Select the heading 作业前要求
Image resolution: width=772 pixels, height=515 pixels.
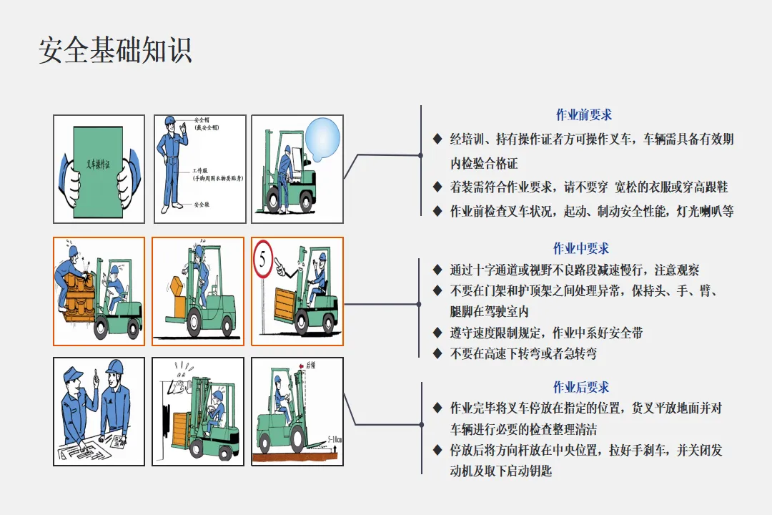tap(583, 114)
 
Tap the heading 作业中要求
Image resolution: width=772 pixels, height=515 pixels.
tap(580, 248)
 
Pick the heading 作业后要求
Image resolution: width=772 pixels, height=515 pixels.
tap(580, 387)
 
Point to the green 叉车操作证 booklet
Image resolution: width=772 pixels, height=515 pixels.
tap(99, 169)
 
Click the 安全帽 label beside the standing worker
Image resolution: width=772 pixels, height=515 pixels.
tap(202, 120)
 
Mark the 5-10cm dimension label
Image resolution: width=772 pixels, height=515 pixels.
tap(334, 438)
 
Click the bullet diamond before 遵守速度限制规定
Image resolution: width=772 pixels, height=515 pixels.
tap(437, 333)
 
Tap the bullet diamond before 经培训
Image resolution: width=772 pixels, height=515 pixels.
tap(437, 139)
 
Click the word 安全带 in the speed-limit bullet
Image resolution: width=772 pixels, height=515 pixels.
tap(628, 333)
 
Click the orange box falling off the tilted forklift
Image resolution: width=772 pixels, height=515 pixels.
tap(177, 286)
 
